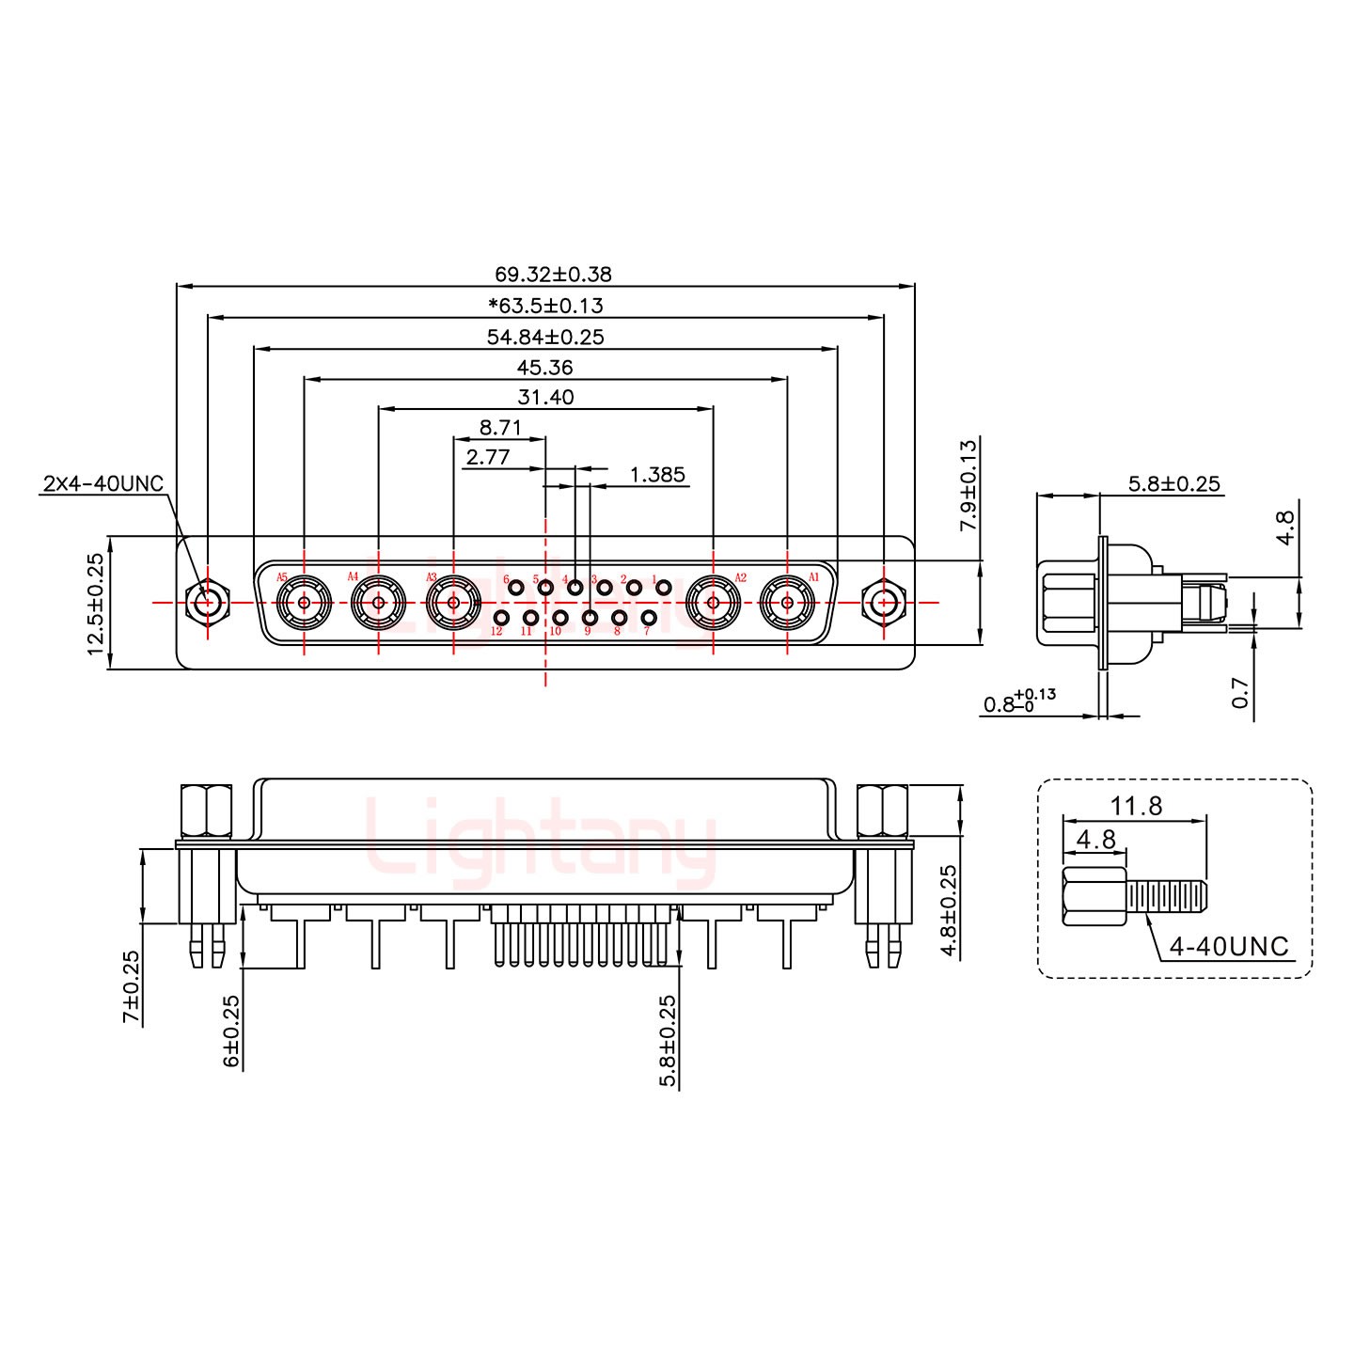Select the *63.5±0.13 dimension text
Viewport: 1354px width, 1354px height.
[x=545, y=306]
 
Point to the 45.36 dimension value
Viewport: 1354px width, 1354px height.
[x=544, y=367]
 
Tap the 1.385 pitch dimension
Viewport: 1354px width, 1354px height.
[x=656, y=475]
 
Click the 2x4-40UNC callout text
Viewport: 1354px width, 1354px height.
[x=102, y=484]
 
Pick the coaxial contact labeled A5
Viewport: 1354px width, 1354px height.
[x=304, y=603]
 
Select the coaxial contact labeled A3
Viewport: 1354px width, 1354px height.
[x=453, y=603]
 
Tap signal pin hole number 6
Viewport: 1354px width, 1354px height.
[x=515, y=589]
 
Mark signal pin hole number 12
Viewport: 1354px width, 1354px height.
[x=502, y=618]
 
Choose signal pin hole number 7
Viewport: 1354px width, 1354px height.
[x=649, y=618]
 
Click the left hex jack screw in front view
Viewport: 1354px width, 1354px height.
[x=207, y=602]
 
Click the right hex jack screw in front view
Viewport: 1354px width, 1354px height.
[x=883, y=602]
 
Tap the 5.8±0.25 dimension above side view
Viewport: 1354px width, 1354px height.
[x=1173, y=484]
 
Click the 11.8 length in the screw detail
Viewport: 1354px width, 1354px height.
[x=1136, y=806]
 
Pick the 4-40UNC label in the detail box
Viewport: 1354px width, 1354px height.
[x=1228, y=947]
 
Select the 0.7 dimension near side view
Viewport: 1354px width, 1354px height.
[x=1240, y=693]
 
